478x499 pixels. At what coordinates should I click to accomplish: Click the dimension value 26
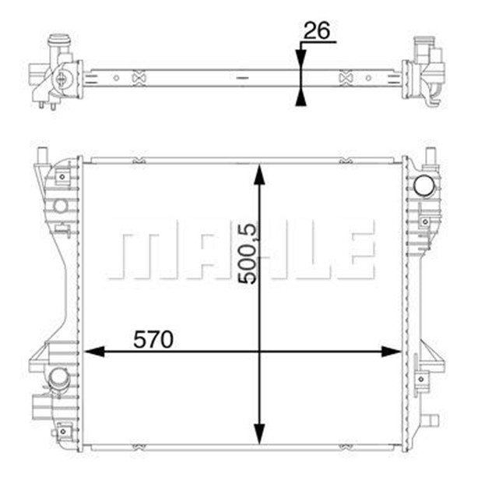[316, 30]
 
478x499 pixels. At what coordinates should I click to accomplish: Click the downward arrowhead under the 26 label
[300, 59]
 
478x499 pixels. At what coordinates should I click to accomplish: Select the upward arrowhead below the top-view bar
[300, 95]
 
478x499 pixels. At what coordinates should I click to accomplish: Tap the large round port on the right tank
[424, 186]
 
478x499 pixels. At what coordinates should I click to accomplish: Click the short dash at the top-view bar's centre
[242, 78]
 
